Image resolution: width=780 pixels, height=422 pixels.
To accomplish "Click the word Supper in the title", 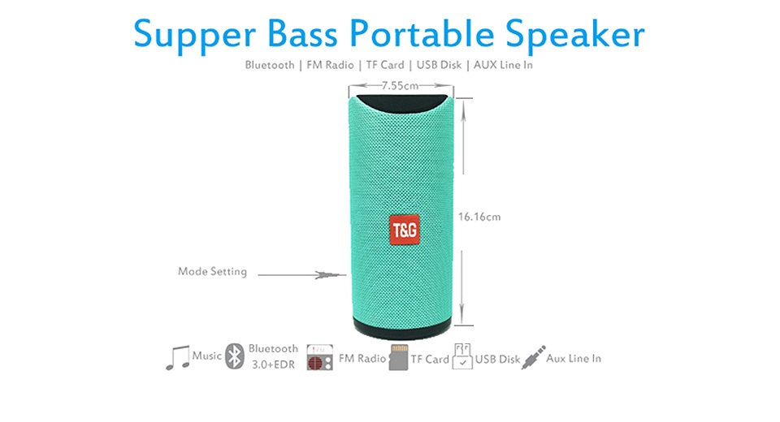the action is point(194,36).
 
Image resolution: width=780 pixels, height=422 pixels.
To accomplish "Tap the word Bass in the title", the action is point(302,34).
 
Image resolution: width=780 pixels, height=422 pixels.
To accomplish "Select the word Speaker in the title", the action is point(575,35).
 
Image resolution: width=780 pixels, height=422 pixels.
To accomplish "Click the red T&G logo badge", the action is point(404,230).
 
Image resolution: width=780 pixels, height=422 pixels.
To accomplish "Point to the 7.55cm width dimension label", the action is point(400,85).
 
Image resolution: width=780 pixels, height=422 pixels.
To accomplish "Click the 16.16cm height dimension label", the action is point(479,217).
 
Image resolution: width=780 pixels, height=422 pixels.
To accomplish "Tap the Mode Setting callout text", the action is point(212,271).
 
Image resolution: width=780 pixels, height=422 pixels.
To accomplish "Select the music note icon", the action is point(178,357).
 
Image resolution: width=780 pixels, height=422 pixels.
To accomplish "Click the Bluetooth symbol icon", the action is point(234,356).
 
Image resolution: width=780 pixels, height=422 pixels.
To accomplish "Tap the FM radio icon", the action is point(319,357).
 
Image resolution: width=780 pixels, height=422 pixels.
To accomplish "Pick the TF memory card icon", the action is point(398,357).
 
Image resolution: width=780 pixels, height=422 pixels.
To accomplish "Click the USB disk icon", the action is point(462,356).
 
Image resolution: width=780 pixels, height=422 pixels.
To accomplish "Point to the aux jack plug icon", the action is point(533,357).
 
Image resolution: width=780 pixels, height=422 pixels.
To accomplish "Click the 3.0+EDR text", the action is point(273,364).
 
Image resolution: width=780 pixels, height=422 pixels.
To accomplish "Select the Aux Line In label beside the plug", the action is point(574,359).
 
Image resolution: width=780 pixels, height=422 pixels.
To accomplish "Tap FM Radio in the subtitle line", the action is point(331,65).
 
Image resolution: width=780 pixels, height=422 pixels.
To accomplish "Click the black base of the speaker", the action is point(402,330).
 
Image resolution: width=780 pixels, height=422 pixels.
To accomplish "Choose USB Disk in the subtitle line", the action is point(439,65).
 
